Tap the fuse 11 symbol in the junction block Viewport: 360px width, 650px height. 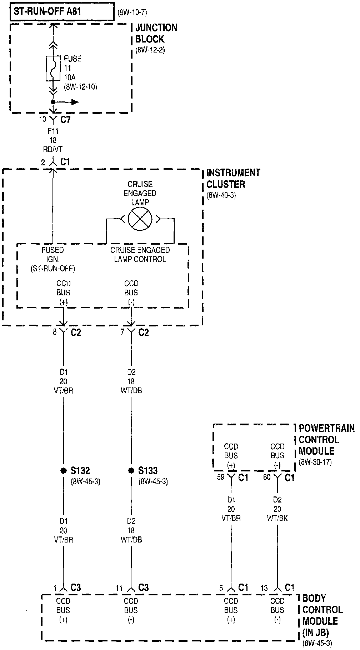click(x=53, y=68)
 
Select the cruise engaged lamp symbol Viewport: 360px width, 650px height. click(x=140, y=219)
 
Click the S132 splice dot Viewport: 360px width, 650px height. click(x=63, y=470)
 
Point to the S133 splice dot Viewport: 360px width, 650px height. click(x=131, y=470)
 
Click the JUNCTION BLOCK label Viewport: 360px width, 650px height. click(x=156, y=33)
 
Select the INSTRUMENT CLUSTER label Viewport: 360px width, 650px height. click(x=233, y=178)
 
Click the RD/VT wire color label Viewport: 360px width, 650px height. click(x=53, y=150)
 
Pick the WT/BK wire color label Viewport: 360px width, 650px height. click(x=277, y=518)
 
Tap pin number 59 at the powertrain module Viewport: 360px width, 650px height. click(x=221, y=477)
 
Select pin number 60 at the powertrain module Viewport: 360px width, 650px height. click(x=267, y=477)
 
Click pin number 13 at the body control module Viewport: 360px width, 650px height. click(x=264, y=588)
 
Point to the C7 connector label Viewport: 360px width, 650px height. click(x=65, y=120)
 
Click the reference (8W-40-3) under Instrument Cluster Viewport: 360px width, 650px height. click(x=221, y=196)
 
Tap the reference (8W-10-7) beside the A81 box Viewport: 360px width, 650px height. click(x=132, y=13)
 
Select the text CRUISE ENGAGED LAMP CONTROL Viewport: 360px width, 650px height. click(x=140, y=255)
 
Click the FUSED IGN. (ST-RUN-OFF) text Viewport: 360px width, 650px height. click(x=53, y=259)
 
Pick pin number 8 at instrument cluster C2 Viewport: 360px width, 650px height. click(x=55, y=332)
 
